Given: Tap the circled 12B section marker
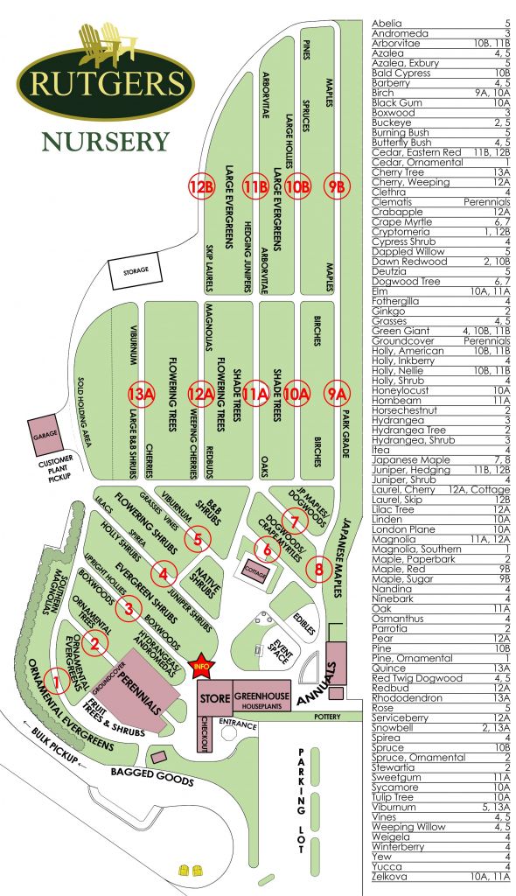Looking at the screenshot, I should (202, 186).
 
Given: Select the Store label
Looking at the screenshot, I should (214, 699).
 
